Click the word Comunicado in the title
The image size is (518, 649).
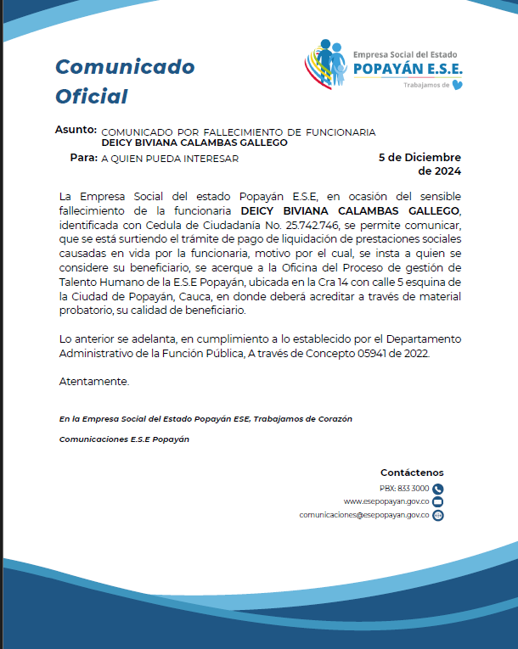(x=125, y=67)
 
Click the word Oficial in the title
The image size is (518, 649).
(x=92, y=97)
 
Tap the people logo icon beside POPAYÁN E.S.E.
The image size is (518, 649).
(x=326, y=63)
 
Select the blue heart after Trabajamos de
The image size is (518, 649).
(x=459, y=85)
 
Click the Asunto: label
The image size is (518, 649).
(x=76, y=131)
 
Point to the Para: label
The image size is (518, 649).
(x=83, y=158)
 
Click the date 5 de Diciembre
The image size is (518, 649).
(x=419, y=158)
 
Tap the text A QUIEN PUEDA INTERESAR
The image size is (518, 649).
(x=170, y=159)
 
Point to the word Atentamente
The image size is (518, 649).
(x=94, y=382)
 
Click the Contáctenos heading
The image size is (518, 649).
(x=412, y=473)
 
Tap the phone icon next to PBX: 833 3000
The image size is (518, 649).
(x=438, y=489)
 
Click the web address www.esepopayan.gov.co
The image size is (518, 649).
(x=386, y=501)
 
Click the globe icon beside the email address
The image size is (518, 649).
(x=438, y=515)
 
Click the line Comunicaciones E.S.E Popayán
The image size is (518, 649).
(x=124, y=439)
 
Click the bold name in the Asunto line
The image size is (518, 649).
(x=194, y=143)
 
